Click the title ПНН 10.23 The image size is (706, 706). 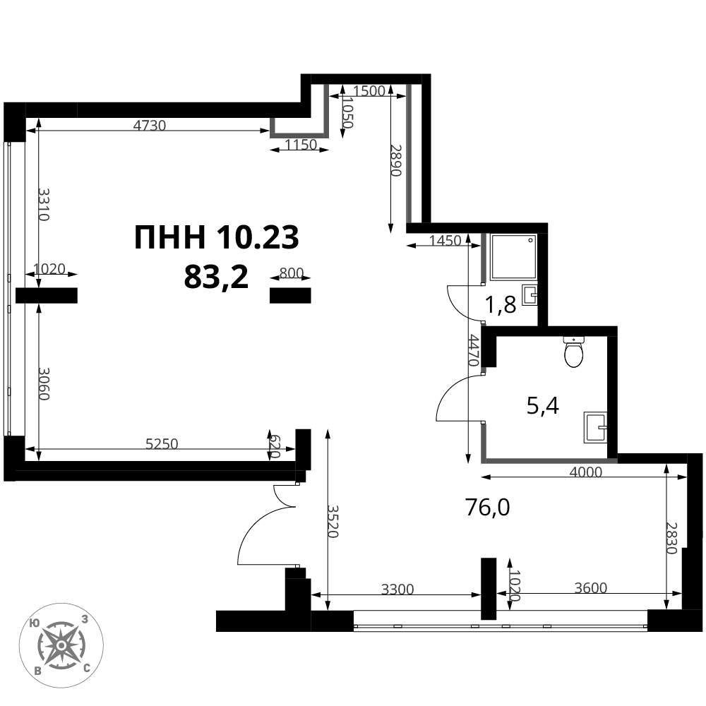(217, 237)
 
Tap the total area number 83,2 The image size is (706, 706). (216, 277)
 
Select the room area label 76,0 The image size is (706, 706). (488, 508)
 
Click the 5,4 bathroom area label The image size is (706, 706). (542, 406)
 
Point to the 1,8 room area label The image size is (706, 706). (500, 305)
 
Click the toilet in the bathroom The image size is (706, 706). (573, 351)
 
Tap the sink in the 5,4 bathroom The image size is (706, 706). (595, 427)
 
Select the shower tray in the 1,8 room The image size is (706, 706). (513, 257)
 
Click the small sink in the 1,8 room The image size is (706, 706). (529, 295)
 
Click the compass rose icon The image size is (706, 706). (61, 645)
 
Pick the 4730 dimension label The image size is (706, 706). (150, 125)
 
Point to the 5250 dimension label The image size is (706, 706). (162, 444)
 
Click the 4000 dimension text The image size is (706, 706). (585, 472)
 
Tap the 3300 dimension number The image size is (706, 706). (397, 589)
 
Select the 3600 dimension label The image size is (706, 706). (591, 587)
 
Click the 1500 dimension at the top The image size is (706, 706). (369, 91)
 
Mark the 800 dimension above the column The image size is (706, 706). (292, 273)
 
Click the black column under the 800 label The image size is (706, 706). (290, 295)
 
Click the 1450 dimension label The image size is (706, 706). (445, 241)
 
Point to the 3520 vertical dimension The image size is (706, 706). (333, 521)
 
